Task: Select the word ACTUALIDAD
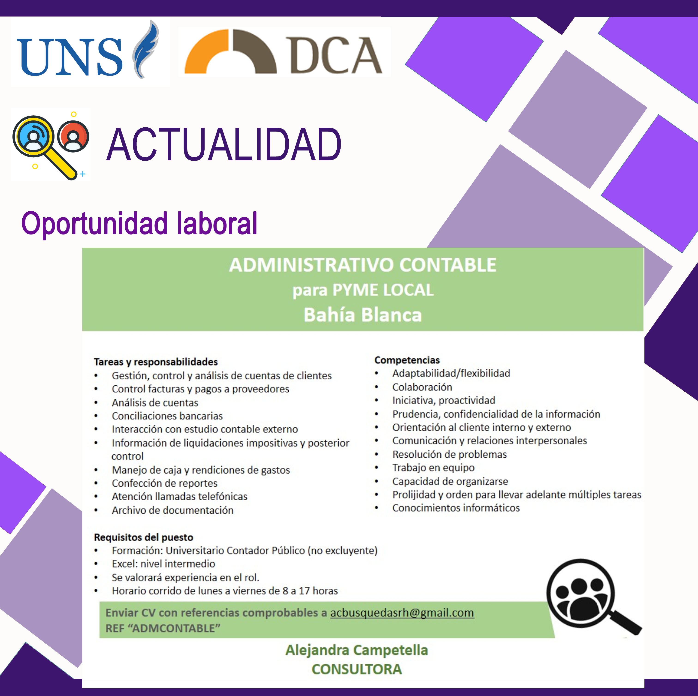tap(224, 145)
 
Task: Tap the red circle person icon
tap(73, 136)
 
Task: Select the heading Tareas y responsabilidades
tap(156, 362)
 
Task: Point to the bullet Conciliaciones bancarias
tap(167, 416)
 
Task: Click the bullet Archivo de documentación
tap(173, 510)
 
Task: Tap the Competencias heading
tap(407, 360)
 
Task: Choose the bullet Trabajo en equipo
tap(434, 468)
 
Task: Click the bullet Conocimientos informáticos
tap(456, 508)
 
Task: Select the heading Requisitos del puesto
tap(143, 537)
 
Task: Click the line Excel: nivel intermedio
tap(163, 564)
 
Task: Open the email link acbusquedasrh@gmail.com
tap(402, 613)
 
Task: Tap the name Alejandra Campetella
tap(357, 650)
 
